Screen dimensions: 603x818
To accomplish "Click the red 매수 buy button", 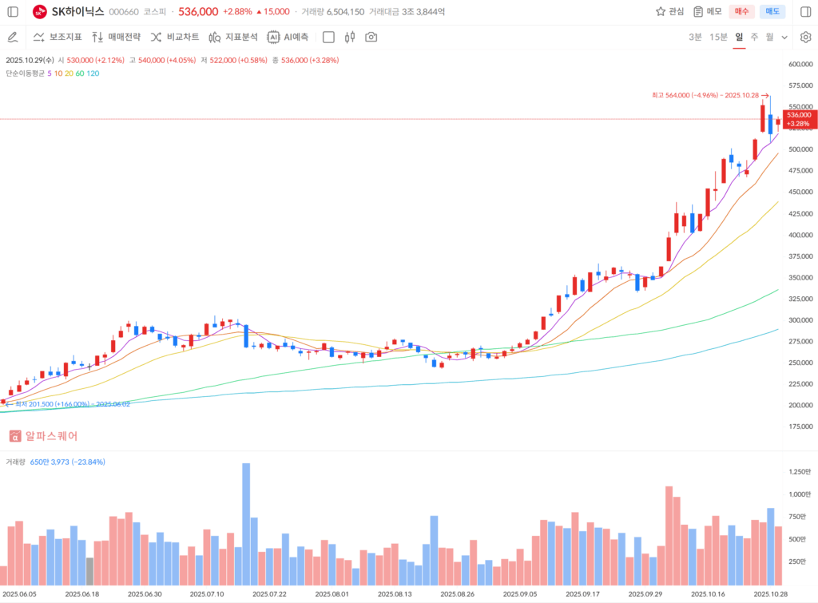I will tap(741, 11).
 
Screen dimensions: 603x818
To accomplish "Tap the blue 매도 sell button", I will tap(772, 11).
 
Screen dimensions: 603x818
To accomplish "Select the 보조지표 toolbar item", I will tap(58, 37).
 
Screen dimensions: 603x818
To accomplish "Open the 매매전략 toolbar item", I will tap(116, 37).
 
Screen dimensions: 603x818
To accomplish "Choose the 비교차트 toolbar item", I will tap(174, 37).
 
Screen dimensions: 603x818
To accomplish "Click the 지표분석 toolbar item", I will tap(232, 37).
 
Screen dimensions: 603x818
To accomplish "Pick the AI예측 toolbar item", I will tap(288, 37).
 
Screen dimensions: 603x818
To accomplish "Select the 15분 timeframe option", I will tap(718, 37).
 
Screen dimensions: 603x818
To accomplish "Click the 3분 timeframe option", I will tap(696, 37).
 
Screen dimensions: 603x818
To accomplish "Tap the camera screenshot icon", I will tap(371, 37).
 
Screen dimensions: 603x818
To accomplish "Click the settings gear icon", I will tap(805, 37).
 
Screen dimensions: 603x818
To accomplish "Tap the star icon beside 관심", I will tap(661, 11).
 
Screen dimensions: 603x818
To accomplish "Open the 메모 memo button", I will tap(707, 11).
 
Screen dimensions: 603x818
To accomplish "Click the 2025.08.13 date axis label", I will tap(395, 594).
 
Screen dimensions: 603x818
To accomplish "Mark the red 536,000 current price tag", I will tap(798, 119).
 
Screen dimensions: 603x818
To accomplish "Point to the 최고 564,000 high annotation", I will tap(704, 95).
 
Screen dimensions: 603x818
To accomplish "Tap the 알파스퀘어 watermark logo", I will tap(44, 436).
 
